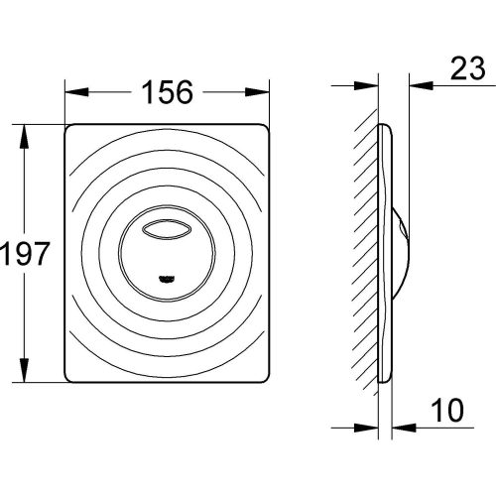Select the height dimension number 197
(x=25, y=255)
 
